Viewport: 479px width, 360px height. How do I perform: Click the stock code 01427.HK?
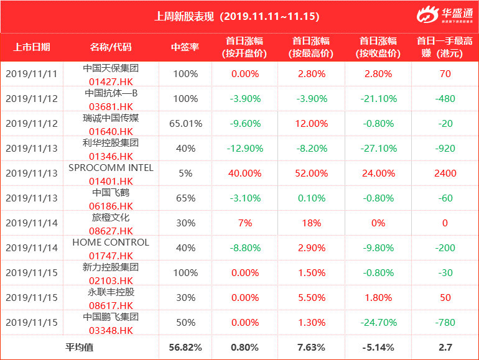pos(111,81)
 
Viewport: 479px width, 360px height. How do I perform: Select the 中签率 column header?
pos(185,47)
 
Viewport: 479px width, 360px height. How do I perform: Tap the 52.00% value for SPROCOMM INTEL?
pos(307,173)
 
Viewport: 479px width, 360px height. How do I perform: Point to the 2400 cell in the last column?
pos(445,173)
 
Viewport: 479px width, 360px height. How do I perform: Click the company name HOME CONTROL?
pos(111,242)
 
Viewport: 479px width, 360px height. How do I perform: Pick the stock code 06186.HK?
pos(111,206)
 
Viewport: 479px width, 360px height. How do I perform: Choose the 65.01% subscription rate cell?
pos(185,123)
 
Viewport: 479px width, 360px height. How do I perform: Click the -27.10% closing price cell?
pos(376,148)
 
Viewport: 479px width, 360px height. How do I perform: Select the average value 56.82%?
pos(185,347)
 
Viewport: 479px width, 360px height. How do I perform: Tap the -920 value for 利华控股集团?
pos(445,148)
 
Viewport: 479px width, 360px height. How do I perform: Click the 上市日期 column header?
pos(32,47)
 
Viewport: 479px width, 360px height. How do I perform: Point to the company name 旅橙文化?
pos(111,217)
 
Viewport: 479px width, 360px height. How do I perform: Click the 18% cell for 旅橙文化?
pos(307,223)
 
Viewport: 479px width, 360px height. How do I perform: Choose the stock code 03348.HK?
pos(111,330)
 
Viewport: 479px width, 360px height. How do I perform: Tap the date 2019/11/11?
pos(32,73)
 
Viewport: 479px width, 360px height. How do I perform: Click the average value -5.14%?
pos(376,347)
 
